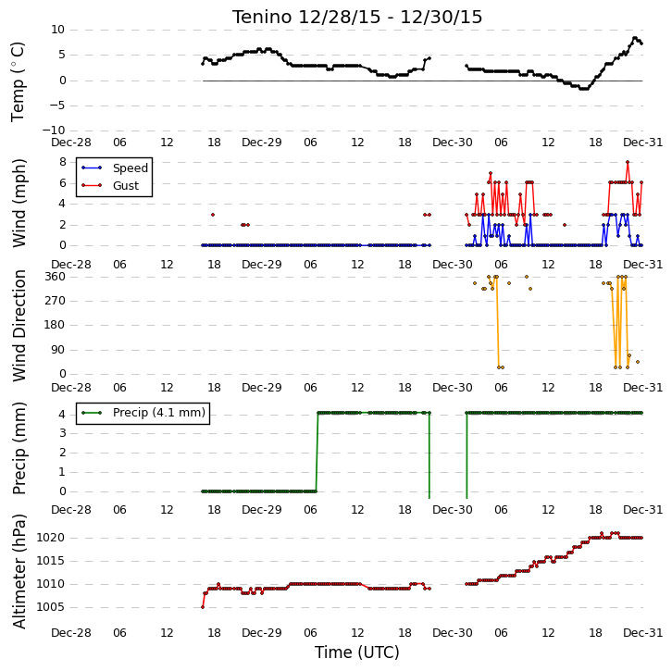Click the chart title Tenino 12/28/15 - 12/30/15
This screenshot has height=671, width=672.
357,18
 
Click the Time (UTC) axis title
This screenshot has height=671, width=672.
357,652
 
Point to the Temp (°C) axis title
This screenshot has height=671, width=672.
18,81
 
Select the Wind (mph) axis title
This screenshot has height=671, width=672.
19,203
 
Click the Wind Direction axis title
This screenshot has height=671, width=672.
19,326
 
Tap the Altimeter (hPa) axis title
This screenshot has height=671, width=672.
19,571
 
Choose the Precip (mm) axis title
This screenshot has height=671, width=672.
19,449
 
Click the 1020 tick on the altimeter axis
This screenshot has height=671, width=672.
51,538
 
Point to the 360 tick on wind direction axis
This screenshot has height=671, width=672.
55,277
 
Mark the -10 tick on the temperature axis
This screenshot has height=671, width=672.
53,130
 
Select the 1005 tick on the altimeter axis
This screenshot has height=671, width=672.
51,607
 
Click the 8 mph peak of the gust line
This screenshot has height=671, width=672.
628,162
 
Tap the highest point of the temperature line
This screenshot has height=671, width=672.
635,38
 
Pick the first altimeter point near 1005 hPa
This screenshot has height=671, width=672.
203,607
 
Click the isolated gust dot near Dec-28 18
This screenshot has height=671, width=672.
213,215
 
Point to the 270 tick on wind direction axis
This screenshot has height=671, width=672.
55,301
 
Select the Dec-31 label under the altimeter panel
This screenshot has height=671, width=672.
642,632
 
